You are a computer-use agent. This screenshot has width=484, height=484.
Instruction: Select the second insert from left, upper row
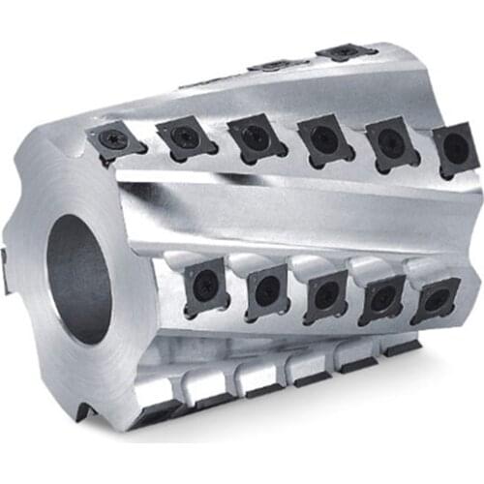[x=183, y=138]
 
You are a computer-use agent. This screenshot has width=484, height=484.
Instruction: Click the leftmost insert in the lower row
[x=206, y=284]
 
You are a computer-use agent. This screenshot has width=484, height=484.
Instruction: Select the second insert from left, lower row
[x=264, y=289]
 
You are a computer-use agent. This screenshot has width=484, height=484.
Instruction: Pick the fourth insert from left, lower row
[x=381, y=298]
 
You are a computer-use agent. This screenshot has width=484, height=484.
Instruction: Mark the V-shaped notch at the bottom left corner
[x=85, y=411]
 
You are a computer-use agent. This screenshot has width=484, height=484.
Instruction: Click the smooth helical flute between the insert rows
[x=290, y=208]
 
